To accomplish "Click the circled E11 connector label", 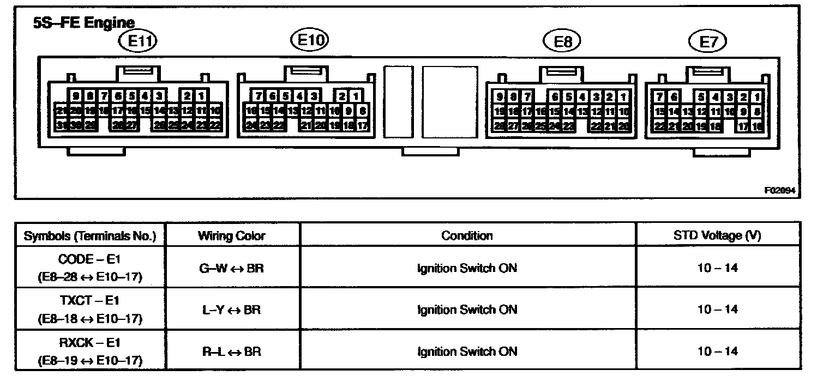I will tap(138, 41).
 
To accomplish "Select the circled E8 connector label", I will tap(562, 41).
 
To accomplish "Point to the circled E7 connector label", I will tap(708, 41).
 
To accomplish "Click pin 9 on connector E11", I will tap(75, 96).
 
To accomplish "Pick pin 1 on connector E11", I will tap(201, 96).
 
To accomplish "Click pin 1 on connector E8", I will tap(623, 98).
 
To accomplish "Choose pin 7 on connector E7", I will tap(660, 98).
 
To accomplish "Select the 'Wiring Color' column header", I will tap(232, 235).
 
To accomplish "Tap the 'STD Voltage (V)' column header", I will tap(717, 235).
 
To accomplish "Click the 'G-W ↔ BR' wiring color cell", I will tap(232, 268).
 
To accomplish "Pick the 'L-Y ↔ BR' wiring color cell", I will tap(232, 310).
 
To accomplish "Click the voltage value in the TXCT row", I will tap(717, 310).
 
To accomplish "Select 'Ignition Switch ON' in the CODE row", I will tap(467, 268).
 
